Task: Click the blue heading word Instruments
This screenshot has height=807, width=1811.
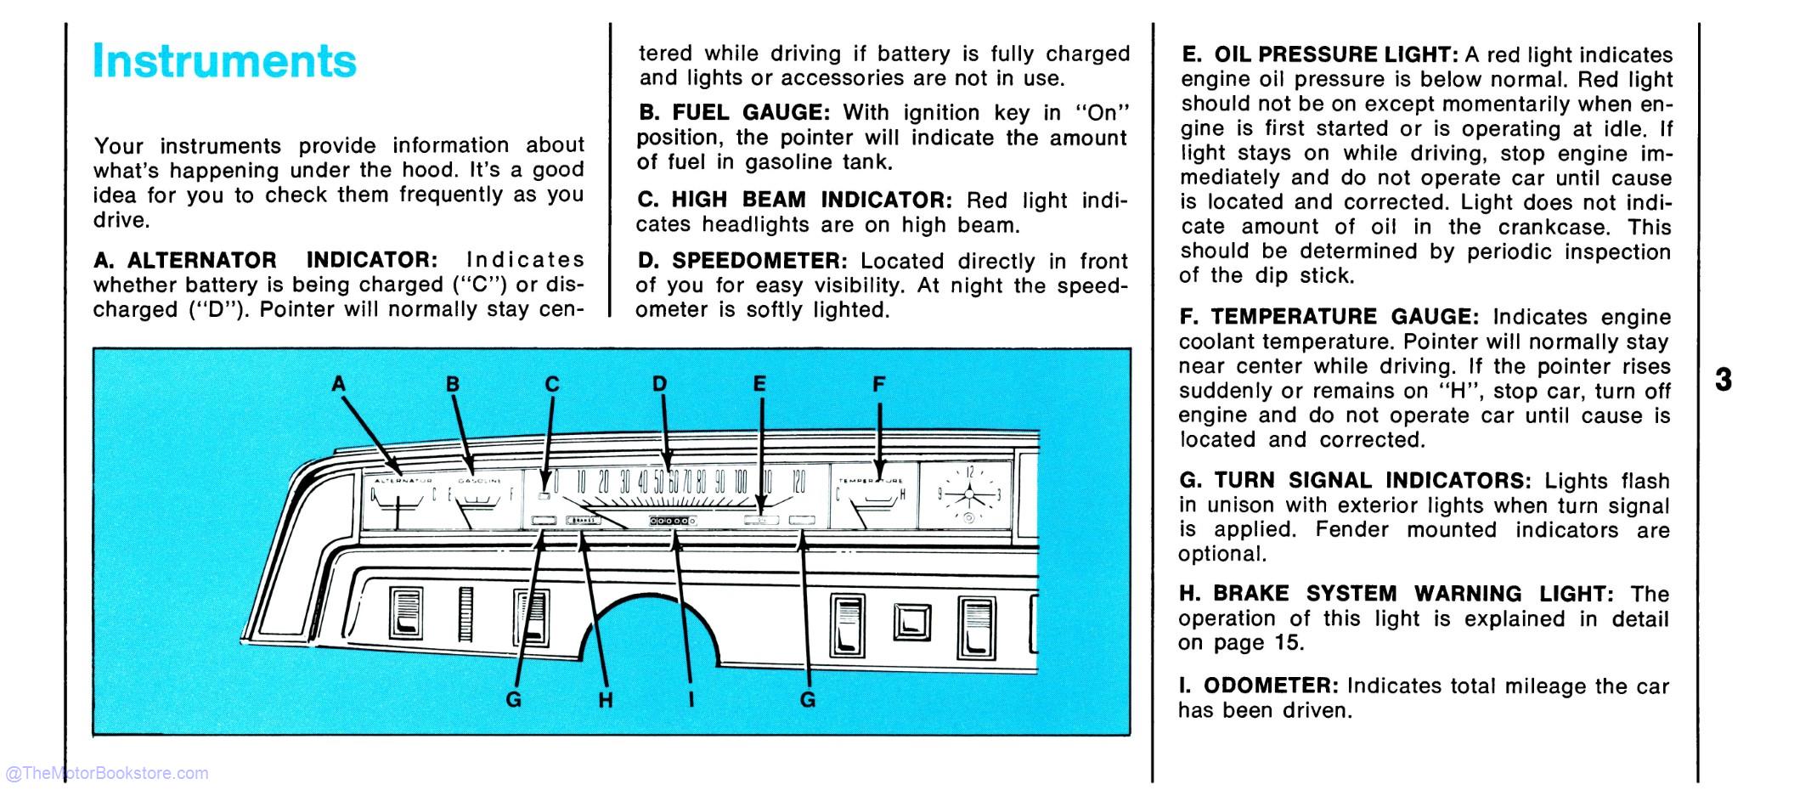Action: point(224,61)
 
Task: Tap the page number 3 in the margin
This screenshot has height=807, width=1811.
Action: point(1723,380)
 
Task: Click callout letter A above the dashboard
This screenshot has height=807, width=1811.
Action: point(339,385)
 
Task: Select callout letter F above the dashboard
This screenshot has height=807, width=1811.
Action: point(878,385)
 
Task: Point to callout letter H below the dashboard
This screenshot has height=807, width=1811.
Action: point(605,700)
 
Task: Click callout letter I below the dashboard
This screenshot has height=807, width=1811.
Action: point(691,700)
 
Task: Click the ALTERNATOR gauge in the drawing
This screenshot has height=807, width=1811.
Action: point(403,501)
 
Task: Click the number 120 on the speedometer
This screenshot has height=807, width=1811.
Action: point(798,483)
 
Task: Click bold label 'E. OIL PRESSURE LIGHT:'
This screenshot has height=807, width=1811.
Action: point(1319,55)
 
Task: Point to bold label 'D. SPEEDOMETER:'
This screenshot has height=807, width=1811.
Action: point(742,261)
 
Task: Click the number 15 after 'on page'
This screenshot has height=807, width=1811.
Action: point(1286,643)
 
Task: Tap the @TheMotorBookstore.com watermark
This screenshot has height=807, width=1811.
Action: point(106,773)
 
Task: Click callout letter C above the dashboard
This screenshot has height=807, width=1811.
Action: point(552,385)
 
